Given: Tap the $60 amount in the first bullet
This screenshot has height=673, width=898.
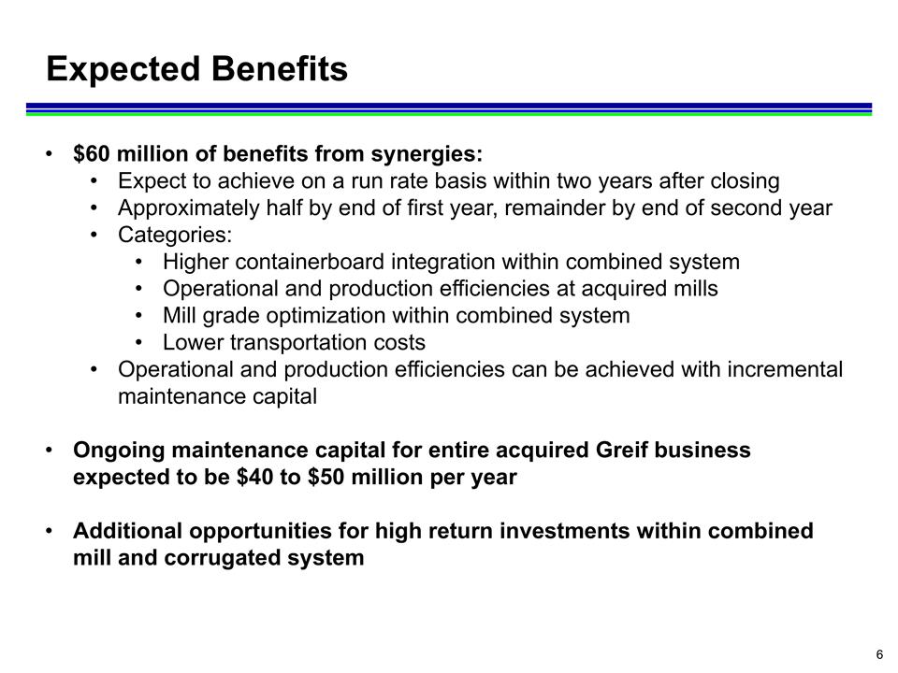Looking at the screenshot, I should tap(90, 153).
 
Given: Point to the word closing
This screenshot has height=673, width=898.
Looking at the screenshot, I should tap(744, 180).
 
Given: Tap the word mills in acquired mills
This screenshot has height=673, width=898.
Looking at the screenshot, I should tap(692, 289).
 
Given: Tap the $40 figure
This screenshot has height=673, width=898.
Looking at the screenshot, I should tap(254, 478).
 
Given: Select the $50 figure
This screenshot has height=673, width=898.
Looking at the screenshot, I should tap(325, 478).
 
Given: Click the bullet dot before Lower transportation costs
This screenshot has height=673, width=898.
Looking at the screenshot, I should tap(140, 343).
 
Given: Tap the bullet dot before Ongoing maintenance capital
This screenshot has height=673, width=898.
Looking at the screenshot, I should tap(50, 451).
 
